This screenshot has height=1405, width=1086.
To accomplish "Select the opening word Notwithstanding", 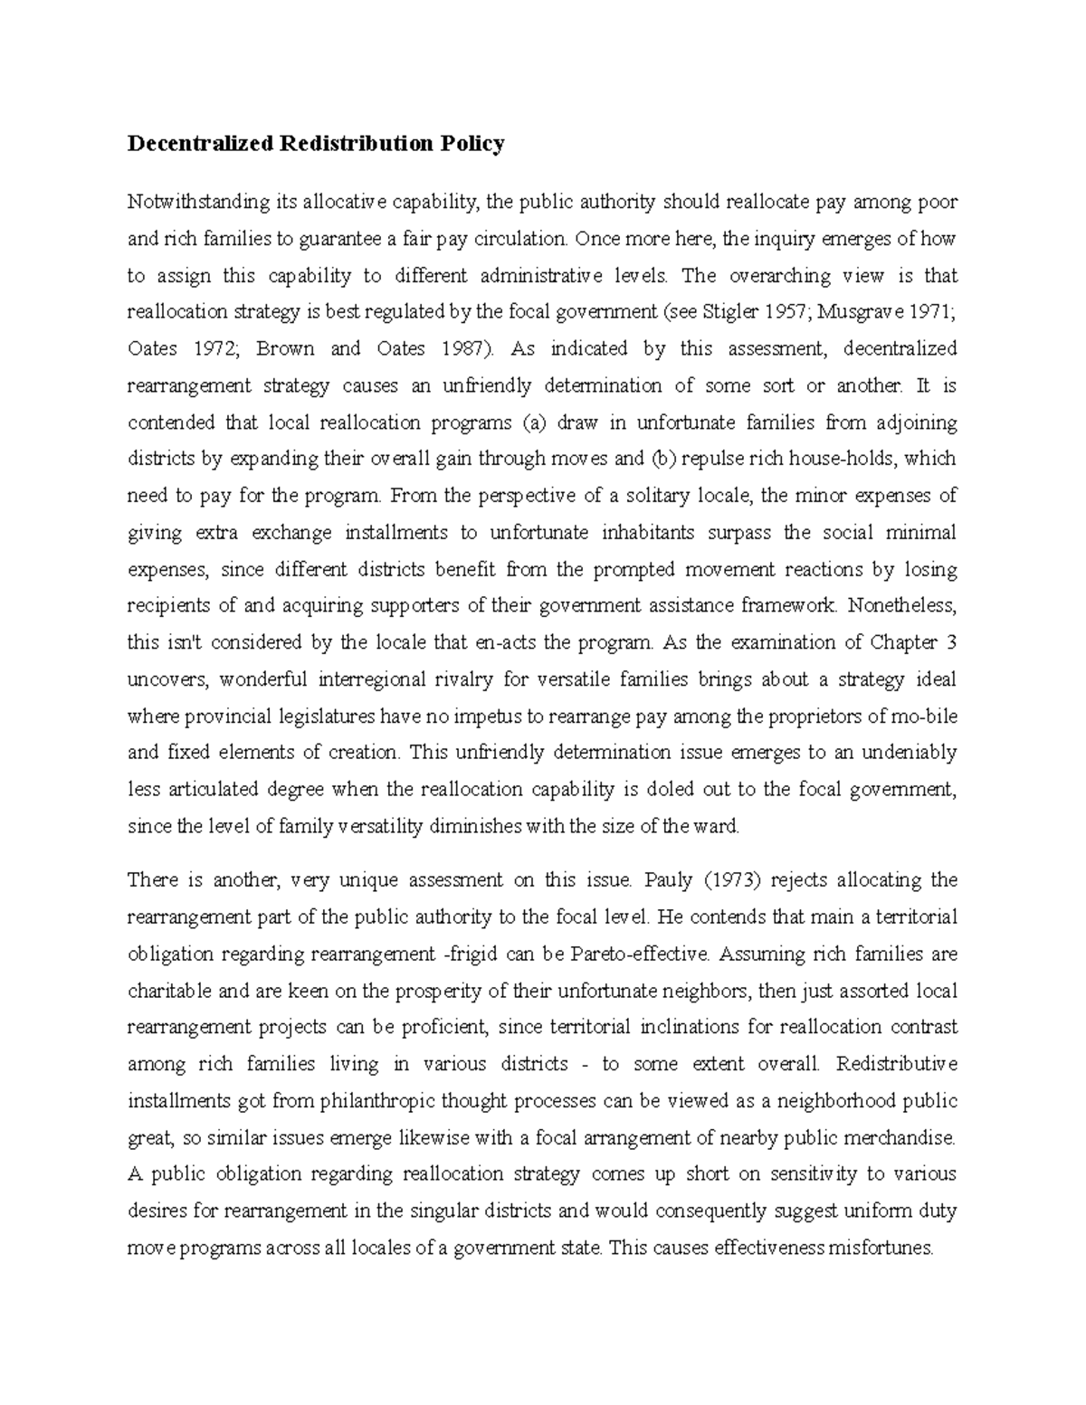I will [186, 202].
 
